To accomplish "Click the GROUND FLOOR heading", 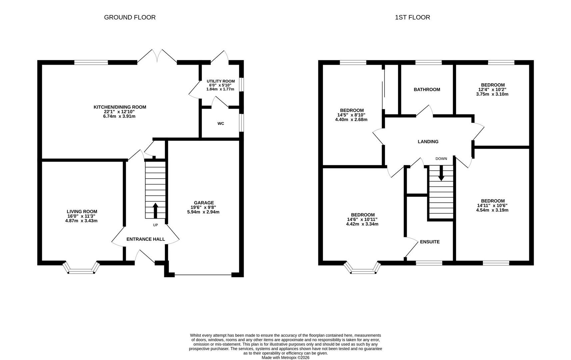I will pyautogui.click(x=130, y=17).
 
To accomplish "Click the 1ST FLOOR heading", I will pyautogui.click(x=412, y=17).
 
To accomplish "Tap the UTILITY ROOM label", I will pyautogui.click(x=220, y=81).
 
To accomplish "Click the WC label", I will pyautogui.click(x=221, y=124).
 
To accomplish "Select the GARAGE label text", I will pyautogui.click(x=204, y=203).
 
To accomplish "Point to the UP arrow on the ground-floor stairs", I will pyautogui.click(x=155, y=210).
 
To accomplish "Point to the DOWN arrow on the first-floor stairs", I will pyautogui.click(x=441, y=174).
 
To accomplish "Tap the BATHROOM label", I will pyautogui.click(x=427, y=89).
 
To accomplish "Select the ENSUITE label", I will pyautogui.click(x=430, y=242).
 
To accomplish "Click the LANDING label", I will pyautogui.click(x=428, y=142).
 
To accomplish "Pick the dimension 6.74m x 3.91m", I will pyautogui.click(x=119, y=116).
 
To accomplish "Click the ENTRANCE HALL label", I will pyautogui.click(x=146, y=239).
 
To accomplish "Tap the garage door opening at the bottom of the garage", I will pyautogui.click(x=203, y=275).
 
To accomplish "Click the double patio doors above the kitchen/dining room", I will pyautogui.click(x=157, y=57).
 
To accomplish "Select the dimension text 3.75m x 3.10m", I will pyautogui.click(x=492, y=94).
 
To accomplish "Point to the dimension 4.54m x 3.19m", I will pyautogui.click(x=492, y=210).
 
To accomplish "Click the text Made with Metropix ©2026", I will pyautogui.click(x=285, y=357).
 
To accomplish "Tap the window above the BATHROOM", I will pyautogui.click(x=428, y=62).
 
